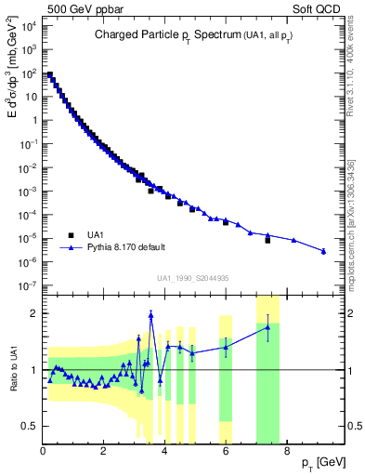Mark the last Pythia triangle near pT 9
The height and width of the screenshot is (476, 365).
[x=323, y=251]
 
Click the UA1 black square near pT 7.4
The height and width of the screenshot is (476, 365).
[x=267, y=240]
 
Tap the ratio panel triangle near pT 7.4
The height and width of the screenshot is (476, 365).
[x=267, y=327]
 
